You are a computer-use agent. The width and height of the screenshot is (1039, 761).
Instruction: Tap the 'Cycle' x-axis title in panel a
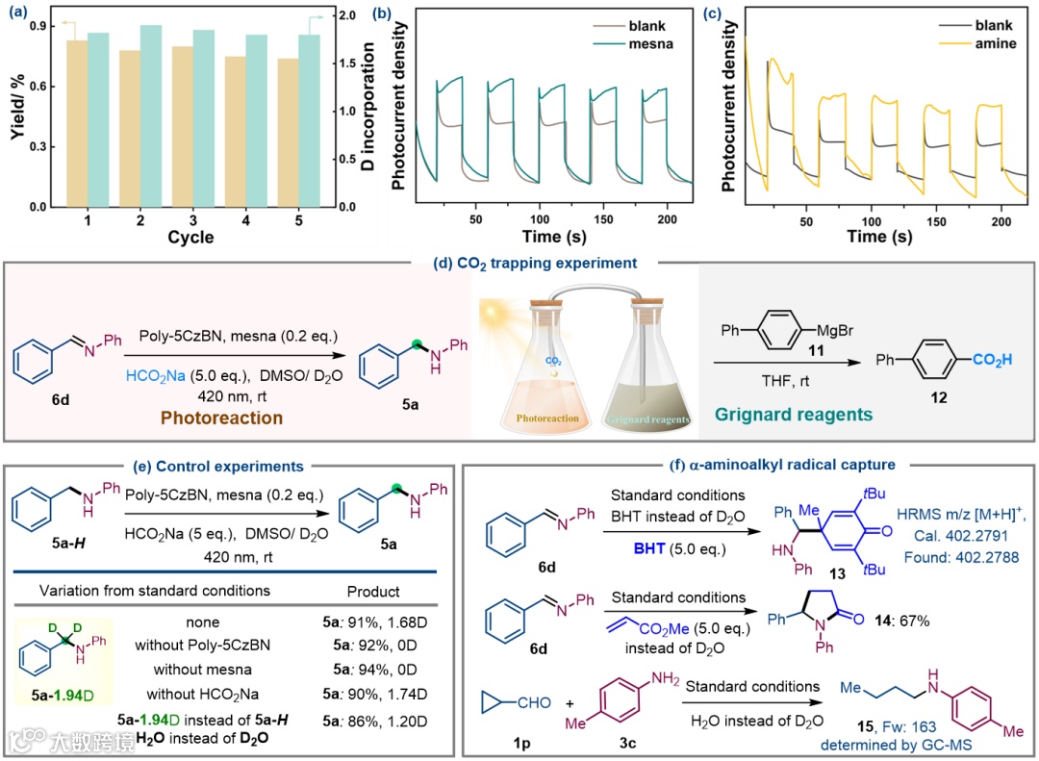click(x=190, y=238)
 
